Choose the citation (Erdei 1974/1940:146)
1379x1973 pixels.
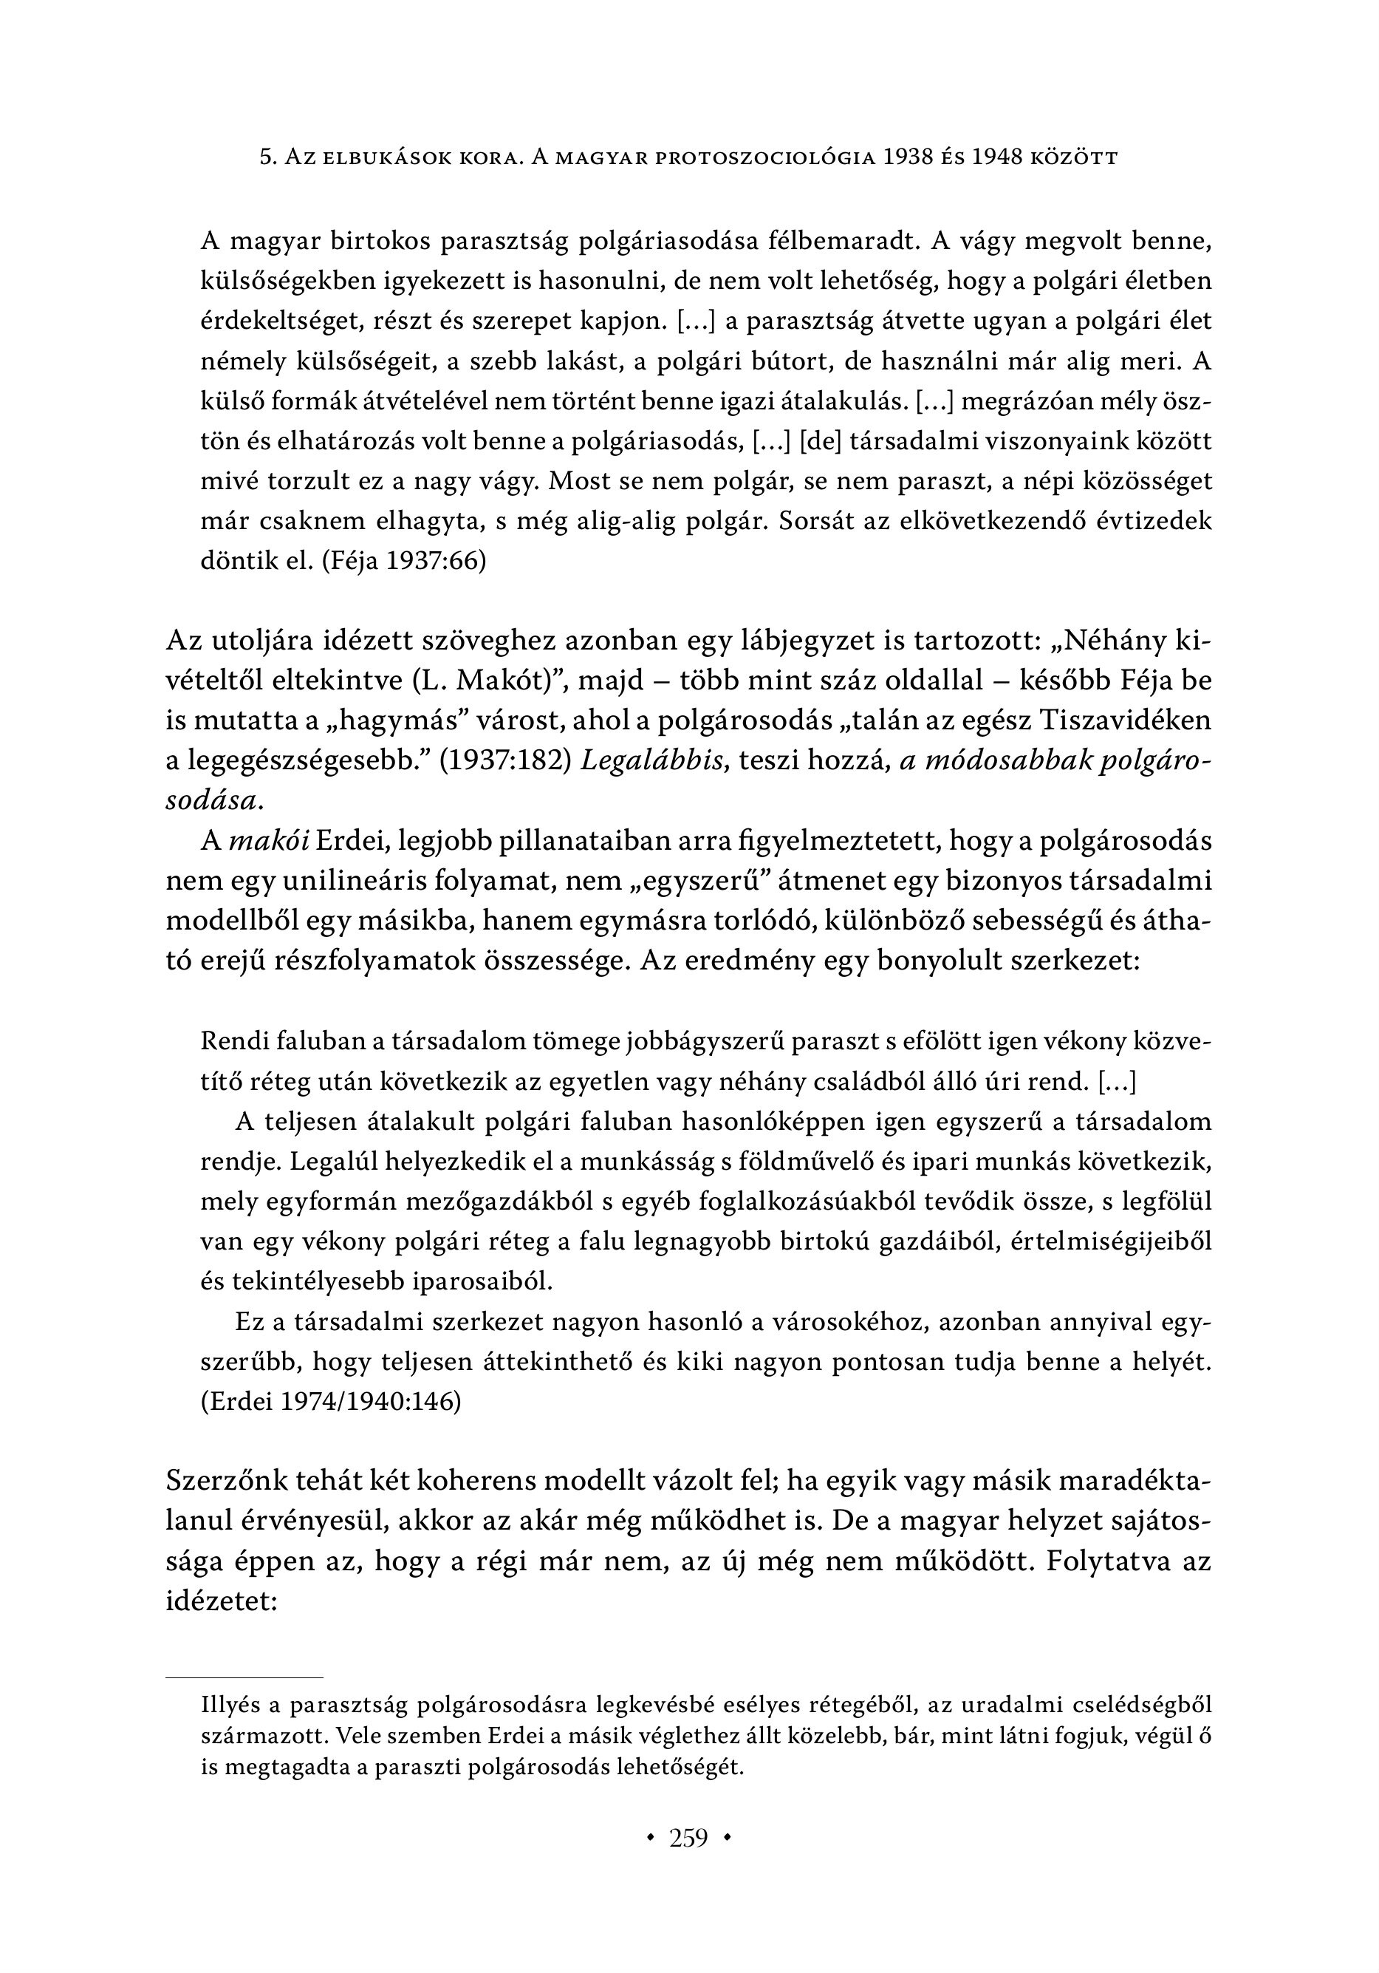pos(331,1402)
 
